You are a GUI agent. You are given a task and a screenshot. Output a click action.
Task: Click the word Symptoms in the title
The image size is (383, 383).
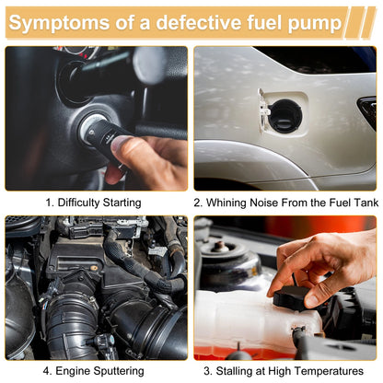59,23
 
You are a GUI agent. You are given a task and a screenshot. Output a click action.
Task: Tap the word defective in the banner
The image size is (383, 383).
199,22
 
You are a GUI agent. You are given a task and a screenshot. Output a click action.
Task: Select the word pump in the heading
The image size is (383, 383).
315,24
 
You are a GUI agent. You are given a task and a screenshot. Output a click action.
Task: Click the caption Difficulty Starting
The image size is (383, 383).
93,203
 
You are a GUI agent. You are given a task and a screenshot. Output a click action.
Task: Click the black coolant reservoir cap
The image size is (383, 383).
290,298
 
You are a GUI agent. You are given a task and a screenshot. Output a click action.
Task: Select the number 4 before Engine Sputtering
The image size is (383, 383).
47,371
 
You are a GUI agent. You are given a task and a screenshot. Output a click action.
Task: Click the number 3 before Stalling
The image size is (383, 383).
208,371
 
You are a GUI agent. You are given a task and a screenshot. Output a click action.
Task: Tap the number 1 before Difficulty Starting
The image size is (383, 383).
50,203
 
